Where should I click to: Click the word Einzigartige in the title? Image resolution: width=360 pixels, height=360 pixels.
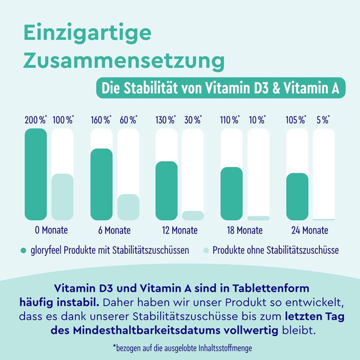(x=88, y=34)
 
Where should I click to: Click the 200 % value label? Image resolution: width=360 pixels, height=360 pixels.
(x=35, y=119)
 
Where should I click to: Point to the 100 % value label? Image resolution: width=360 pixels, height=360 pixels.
(x=62, y=119)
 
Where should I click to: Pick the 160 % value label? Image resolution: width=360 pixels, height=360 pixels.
(x=101, y=119)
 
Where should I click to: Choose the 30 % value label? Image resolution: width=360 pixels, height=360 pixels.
(x=192, y=119)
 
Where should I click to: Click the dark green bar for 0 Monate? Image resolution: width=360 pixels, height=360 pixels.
(x=35, y=174)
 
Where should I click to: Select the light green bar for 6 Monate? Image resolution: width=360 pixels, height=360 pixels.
(x=128, y=207)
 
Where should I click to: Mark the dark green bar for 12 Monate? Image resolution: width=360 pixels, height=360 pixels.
(x=166, y=191)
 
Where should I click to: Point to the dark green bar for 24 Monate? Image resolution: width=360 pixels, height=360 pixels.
(x=297, y=197)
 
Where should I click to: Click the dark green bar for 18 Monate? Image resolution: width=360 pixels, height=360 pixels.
(x=232, y=193)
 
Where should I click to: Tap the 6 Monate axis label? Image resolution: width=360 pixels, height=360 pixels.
(x=114, y=230)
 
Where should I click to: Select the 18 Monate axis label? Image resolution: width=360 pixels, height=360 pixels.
(x=245, y=230)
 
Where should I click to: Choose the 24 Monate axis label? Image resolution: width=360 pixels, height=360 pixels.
(x=310, y=230)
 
